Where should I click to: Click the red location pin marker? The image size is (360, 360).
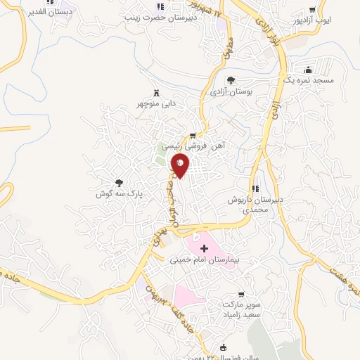click(x=181, y=165)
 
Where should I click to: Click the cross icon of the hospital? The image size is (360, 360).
click(x=205, y=248)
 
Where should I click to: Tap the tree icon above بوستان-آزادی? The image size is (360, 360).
click(x=231, y=80)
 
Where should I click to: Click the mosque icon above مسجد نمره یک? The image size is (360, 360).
click(x=308, y=70)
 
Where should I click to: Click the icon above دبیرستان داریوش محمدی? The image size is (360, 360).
click(x=255, y=188)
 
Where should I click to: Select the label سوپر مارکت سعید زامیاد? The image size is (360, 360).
click(x=242, y=310)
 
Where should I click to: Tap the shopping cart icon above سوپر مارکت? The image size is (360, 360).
click(x=242, y=295)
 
